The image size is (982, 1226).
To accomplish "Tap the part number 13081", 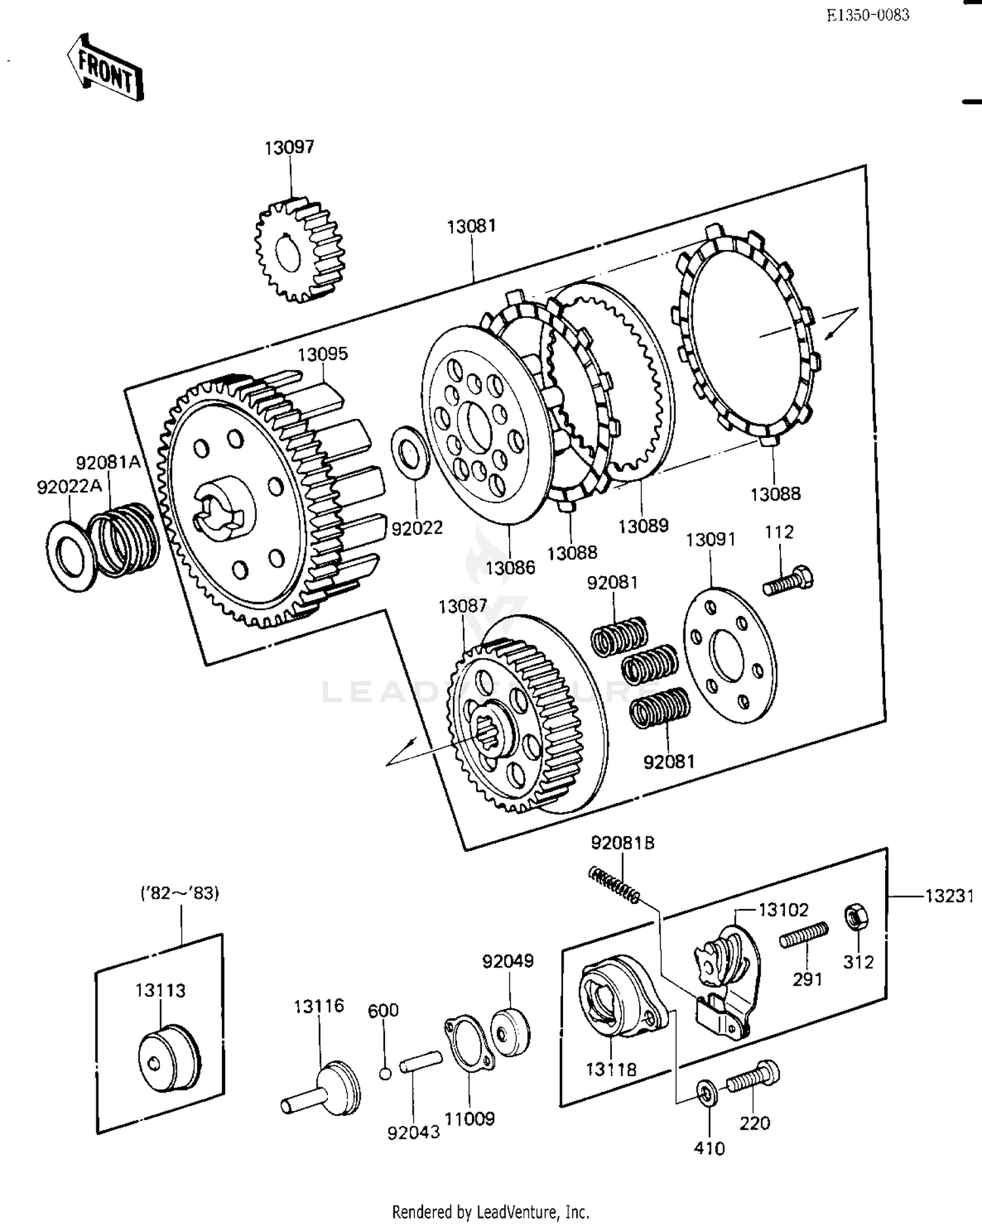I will point(471,226).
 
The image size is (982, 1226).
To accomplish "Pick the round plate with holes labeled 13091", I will point(730,655).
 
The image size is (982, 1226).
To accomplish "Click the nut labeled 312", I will point(854,916).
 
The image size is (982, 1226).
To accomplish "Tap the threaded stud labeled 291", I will point(803,935).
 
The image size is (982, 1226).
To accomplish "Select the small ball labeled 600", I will point(386,1073).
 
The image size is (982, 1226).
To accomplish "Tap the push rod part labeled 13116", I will point(324,1089).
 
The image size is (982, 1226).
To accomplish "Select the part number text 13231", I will point(949,895).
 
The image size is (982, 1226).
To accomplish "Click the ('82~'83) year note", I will point(180,893).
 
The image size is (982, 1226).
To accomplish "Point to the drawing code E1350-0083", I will point(867,15).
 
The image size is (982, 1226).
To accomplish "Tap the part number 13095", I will point(323,354).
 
